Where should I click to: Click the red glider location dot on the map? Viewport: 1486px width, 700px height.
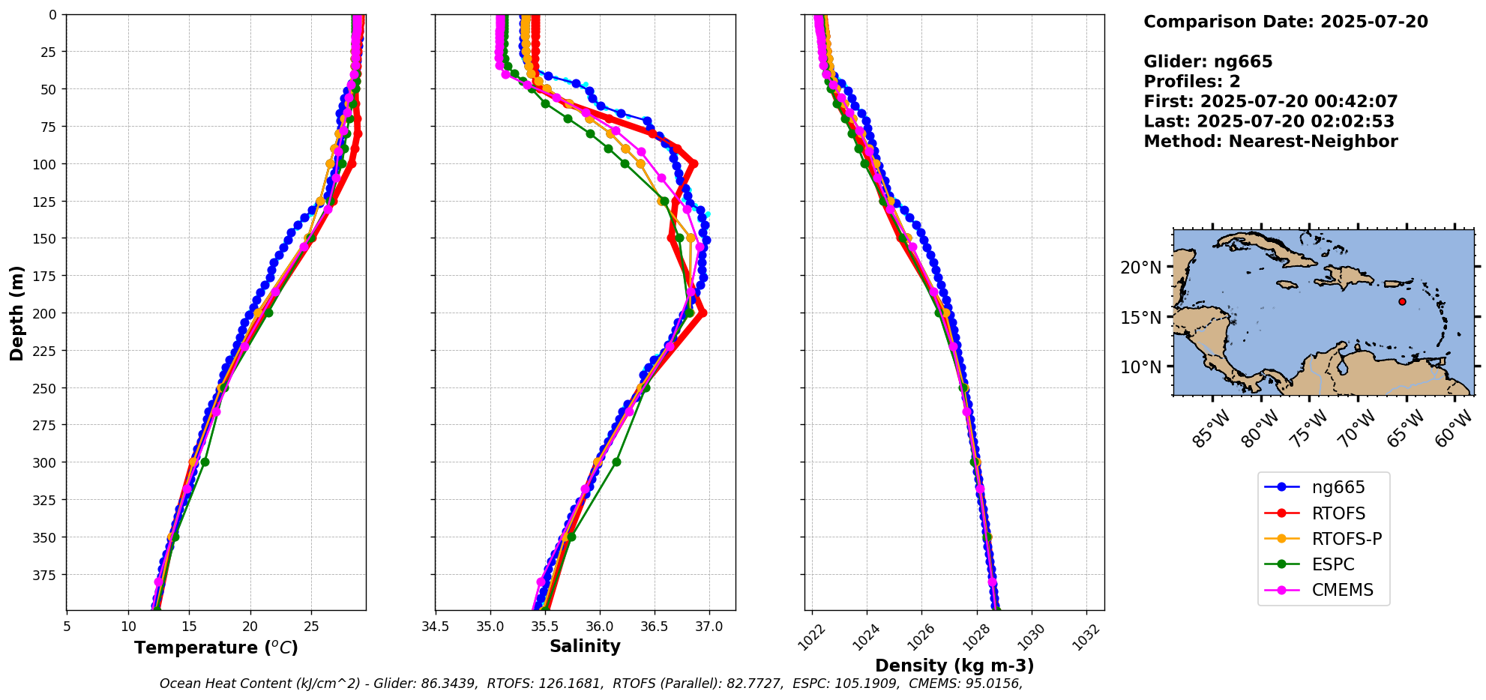pos(1402,301)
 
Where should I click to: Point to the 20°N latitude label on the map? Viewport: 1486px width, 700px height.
pos(1140,268)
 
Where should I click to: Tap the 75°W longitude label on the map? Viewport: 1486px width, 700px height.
pos(1309,429)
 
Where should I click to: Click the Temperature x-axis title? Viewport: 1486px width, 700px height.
pos(216,648)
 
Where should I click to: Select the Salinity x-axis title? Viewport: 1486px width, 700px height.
pos(585,647)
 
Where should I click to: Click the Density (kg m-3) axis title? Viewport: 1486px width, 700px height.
pos(954,666)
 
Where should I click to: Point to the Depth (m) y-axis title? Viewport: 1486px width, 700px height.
pos(16,313)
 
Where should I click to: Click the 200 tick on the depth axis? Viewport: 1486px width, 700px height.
pos(46,313)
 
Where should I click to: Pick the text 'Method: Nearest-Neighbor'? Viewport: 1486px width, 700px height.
pos(1270,142)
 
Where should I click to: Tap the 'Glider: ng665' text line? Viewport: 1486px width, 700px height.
pos(1208,62)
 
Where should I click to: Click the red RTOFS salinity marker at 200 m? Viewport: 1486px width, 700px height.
pos(703,313)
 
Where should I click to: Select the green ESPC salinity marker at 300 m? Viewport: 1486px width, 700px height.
pos(616,462)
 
